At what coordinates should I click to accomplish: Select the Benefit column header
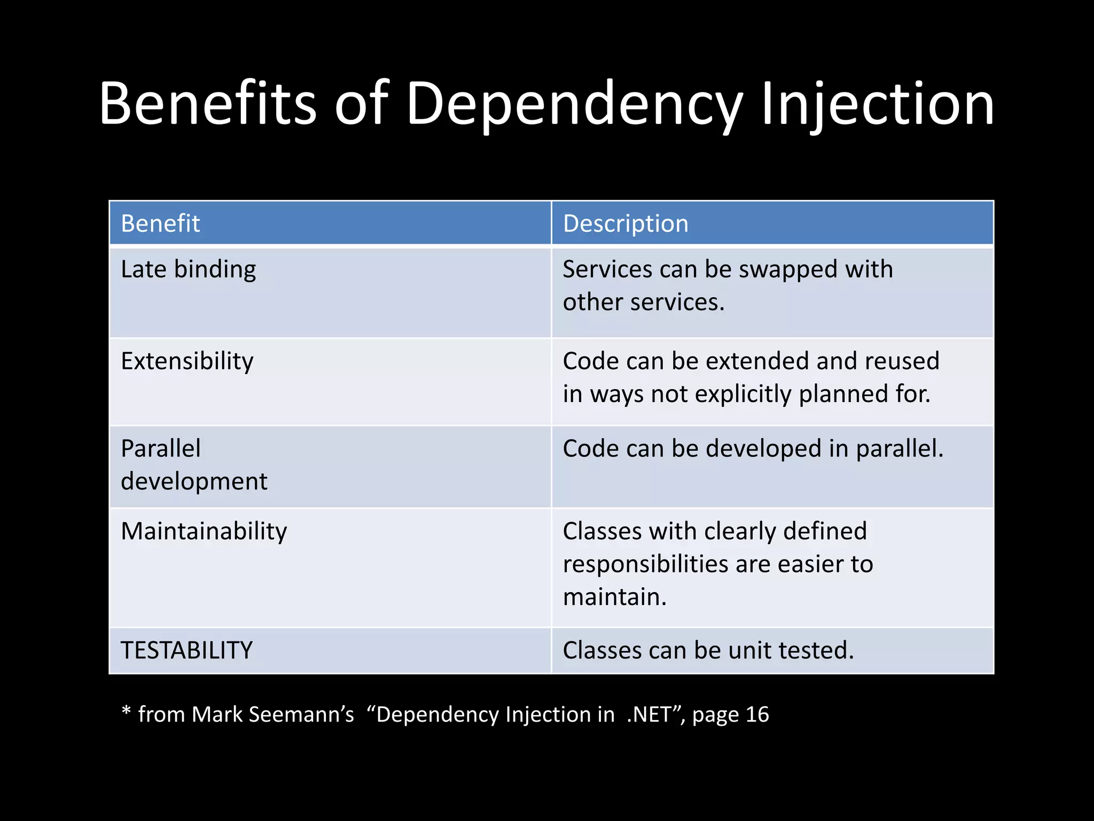point(160,223)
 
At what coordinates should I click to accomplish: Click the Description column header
point(626,223)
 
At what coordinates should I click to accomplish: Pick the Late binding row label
point(188,269)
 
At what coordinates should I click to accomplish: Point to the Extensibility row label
point(187,361)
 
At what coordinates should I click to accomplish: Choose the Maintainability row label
point(204,531)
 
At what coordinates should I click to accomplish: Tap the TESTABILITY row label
point(186,650)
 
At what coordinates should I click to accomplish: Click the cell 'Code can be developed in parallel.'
point(753,448)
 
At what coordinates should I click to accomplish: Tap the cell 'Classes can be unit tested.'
point(708,650)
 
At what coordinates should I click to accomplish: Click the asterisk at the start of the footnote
point(126,712)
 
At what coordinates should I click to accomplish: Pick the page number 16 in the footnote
point(757,715)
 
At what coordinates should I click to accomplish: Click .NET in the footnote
point(648,715)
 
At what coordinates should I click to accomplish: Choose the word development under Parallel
point(194,482)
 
